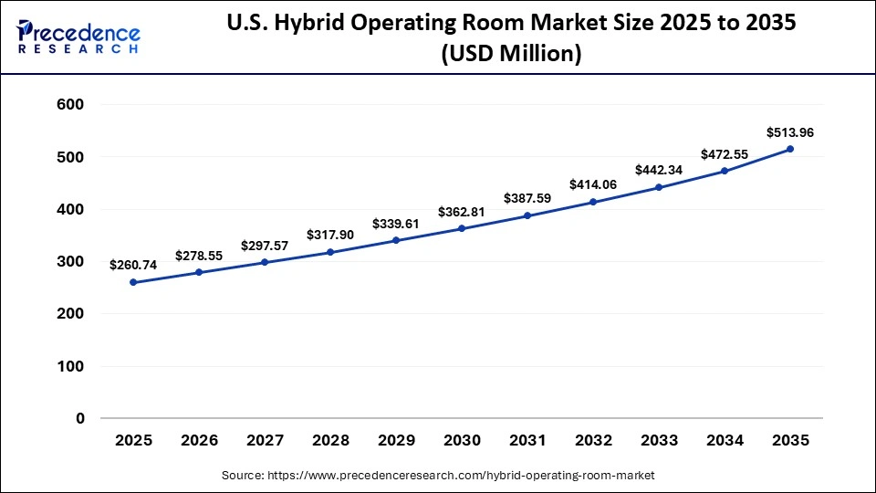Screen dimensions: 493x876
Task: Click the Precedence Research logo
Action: click(78, 37)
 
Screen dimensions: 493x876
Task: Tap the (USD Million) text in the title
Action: click(511, 55)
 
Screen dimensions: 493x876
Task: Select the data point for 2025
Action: click(133, 282)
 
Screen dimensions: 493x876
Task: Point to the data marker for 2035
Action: click(790, 149)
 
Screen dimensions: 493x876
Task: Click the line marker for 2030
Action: click(462, 228)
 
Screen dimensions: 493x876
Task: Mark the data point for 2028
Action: click(330, 252)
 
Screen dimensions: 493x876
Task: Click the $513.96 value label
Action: click(790, 132)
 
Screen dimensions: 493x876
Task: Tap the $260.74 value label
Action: click(133, 265)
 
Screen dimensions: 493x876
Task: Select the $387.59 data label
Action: click(527, 198)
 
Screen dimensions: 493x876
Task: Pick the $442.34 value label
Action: click(659, 170)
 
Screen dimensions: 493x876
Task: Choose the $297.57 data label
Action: click(265, 246)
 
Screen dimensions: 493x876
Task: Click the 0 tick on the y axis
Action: click(80, 419)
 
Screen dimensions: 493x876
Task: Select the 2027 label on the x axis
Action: click(265, 441)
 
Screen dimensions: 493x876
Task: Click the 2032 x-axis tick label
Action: click(593, 441)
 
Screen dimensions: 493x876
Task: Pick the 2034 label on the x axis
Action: click(725, 441)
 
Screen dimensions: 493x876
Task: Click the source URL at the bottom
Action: click(438, 476)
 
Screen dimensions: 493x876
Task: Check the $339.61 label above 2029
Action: click(396, 224)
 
